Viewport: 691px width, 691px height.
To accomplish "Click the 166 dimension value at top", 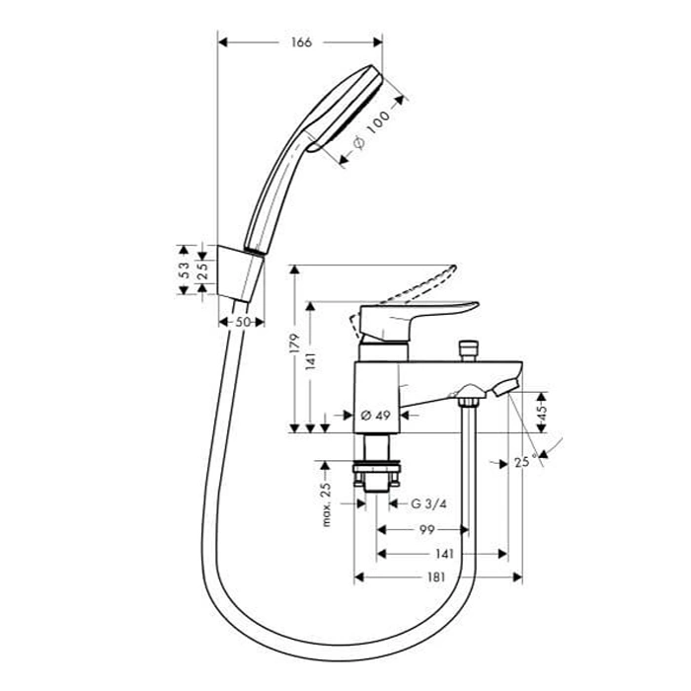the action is (301, 42).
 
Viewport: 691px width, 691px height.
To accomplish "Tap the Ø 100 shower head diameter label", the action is (372, 129).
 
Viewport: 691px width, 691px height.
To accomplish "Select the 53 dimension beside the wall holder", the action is (185, 269).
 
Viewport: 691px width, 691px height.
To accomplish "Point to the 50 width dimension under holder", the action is (243, 322).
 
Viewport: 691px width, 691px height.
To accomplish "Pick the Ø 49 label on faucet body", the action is (375, 415).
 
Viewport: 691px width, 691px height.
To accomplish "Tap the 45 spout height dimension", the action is (542, 411).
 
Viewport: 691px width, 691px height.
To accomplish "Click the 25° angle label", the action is (526, 462).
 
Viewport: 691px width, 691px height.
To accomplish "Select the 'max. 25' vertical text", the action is (326, 504).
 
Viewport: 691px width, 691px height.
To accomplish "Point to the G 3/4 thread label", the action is (428, 503).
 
